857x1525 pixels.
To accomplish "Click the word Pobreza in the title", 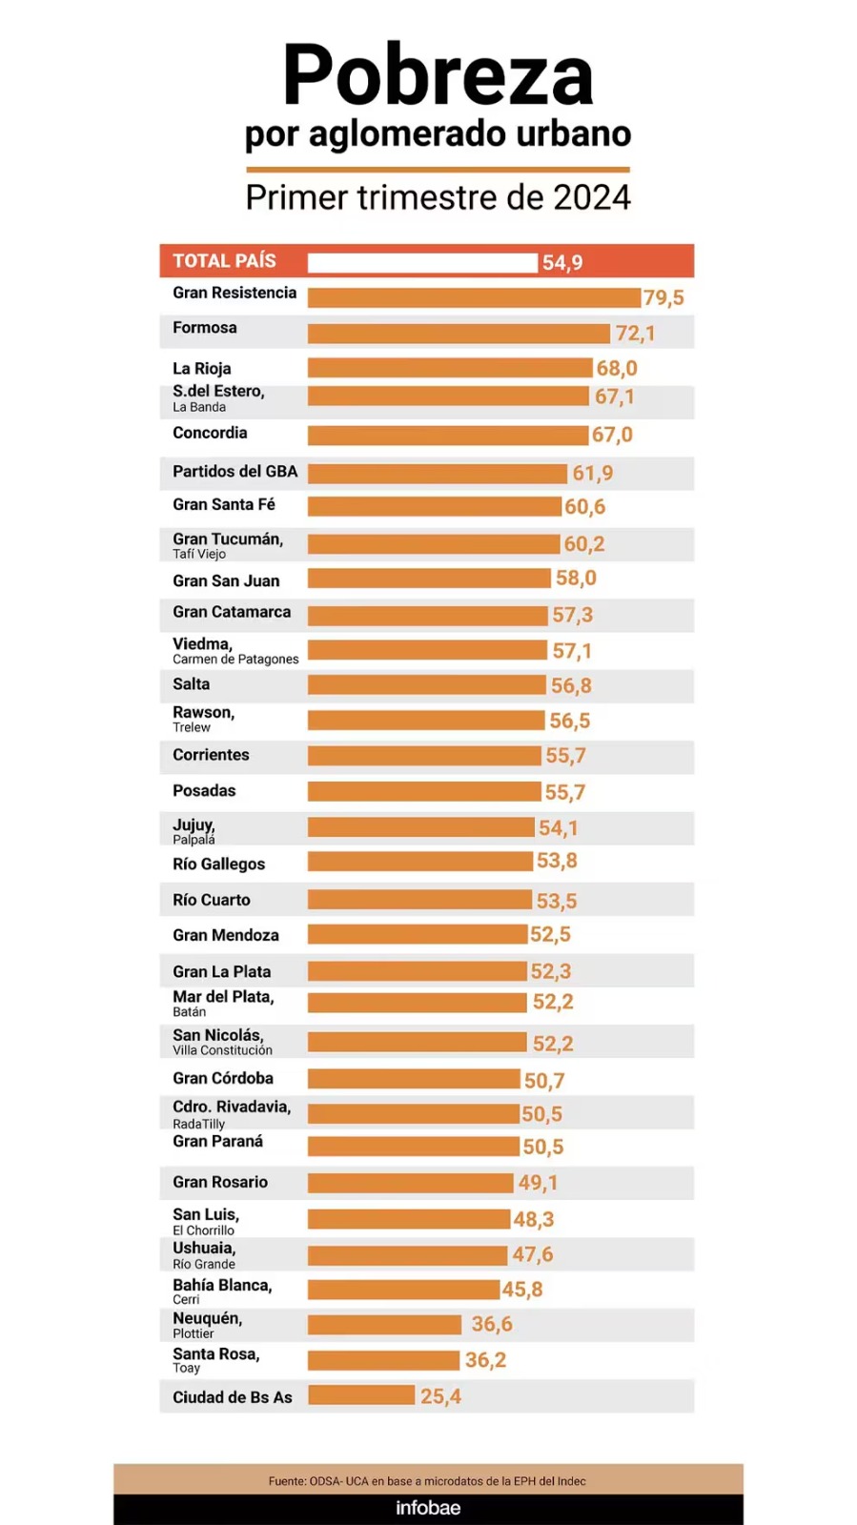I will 438,76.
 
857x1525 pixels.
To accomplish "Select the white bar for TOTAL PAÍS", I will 422,263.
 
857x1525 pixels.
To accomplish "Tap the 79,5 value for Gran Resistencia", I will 663,298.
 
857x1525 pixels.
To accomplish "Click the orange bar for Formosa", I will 459,334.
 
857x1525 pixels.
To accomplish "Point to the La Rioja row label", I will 202,369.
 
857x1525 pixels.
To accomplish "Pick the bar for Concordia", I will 447,436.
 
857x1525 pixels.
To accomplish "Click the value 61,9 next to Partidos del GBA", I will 593,474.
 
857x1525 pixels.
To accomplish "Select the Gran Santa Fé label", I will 224,505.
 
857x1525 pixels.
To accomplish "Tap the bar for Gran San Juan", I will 429,579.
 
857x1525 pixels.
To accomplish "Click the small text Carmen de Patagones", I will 235,660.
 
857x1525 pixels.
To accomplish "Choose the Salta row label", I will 192,684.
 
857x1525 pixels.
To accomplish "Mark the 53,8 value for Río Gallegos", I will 557,862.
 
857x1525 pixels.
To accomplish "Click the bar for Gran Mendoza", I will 418,935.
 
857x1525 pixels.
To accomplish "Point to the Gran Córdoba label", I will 223,1079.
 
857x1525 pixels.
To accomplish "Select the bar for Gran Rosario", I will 410,1183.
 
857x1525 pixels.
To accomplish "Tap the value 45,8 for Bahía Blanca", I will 522,1290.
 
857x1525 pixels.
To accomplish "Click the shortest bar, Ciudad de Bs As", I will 361,1395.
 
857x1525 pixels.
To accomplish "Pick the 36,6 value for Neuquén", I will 492,1325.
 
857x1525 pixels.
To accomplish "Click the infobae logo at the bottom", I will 428,1508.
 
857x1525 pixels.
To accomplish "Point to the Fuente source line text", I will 427,1481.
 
